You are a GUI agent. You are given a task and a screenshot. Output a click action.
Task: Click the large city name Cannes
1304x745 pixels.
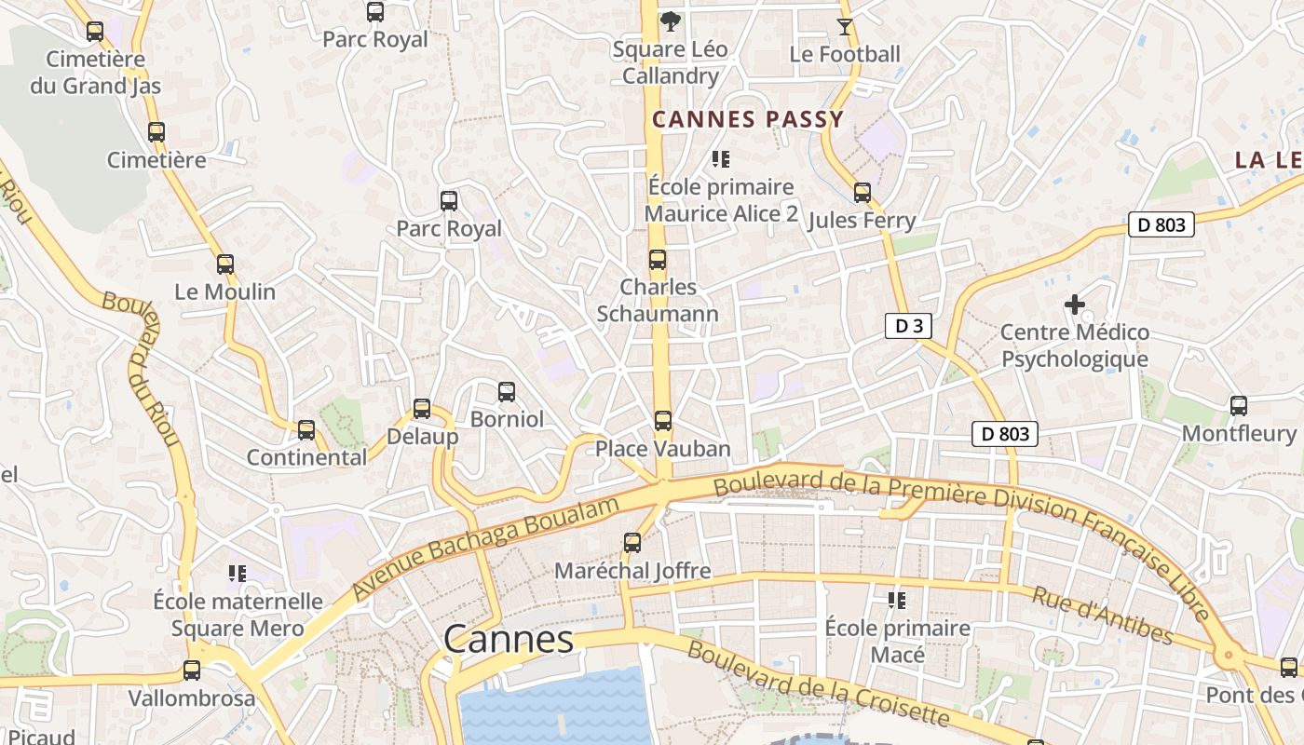(509, 640)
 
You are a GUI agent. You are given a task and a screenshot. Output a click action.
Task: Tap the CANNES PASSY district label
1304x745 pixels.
(748, 119)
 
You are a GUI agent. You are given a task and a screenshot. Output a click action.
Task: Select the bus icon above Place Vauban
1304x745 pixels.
(662, 421)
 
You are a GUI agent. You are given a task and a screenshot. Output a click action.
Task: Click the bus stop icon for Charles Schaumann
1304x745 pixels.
(658, 260)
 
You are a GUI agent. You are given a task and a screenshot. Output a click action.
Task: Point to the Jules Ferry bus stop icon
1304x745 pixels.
(863, 193)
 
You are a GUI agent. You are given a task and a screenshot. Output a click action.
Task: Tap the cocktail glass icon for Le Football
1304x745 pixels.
(844, 26)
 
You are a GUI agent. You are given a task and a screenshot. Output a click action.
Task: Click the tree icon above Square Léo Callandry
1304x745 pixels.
(669, 20)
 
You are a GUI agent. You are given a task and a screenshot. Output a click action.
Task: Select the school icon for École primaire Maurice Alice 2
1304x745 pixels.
(720, 159)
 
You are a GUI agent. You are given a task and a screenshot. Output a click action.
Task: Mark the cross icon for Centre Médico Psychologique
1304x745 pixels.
(1075, 304)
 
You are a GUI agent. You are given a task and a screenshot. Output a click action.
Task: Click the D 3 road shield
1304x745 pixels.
(908, 326)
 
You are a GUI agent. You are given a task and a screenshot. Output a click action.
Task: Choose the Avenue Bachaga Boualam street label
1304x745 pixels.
(485, 549)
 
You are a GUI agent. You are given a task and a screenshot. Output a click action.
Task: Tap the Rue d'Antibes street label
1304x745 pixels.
(1102, 615)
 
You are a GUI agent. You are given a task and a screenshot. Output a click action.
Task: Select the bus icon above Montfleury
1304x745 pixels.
(1238, 406)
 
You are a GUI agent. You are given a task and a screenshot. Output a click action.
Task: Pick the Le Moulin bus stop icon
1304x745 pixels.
(224, 264)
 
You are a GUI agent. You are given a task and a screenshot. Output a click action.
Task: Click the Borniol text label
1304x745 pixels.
(507, 419)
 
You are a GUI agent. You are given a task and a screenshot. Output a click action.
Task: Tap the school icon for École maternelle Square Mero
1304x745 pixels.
(238, 574)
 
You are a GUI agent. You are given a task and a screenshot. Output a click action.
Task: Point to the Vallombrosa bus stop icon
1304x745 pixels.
(192, 670)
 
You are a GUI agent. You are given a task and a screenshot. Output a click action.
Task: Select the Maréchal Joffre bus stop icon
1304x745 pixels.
(632, 543)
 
